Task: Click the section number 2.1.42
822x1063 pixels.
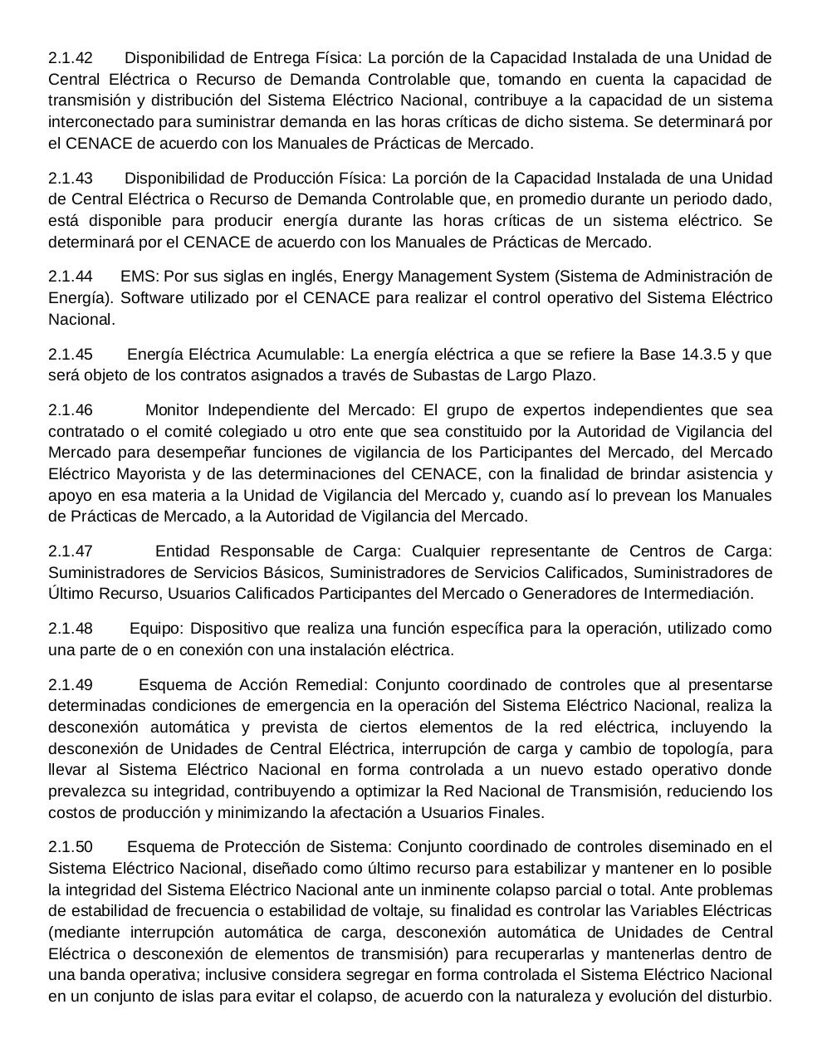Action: pos(71,58)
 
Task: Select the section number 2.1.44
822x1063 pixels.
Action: pos(71,277)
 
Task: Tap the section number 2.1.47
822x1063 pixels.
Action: pos(71,551)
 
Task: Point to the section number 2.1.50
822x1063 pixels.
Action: pos(71,847)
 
